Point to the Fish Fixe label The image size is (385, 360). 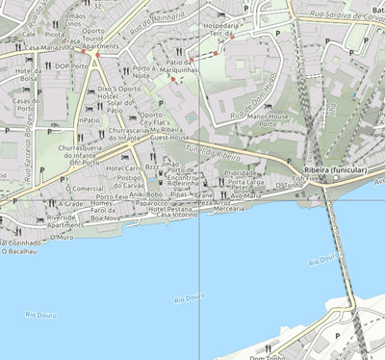pos(305,178)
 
